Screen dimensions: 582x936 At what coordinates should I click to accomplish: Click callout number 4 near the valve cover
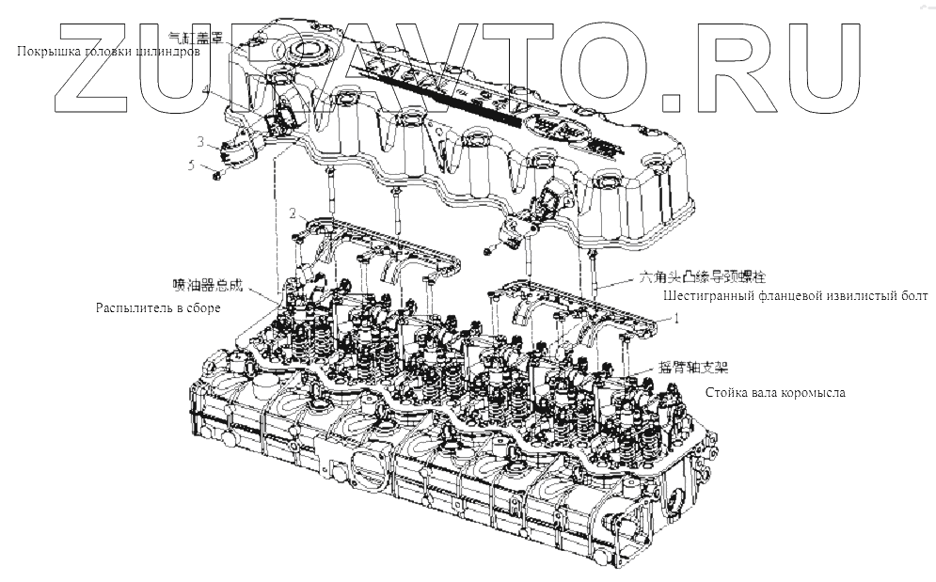pyautogui.click(x=205, y=89)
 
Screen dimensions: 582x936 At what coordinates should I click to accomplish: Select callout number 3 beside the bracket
pyautogui.click(x=199, y=142)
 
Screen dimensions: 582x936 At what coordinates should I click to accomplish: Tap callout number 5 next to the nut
pyautogui.click(x=193, y=165)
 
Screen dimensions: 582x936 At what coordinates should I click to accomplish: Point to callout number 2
pyautogui.click(x=293, y=212)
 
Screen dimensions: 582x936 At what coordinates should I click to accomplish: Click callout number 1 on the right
pyautogui.click(x=675, y=319)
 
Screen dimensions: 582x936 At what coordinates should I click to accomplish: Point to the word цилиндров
pyautogui.click(x=169, y=52)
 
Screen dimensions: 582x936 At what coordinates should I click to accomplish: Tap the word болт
pyautogui.click(x=914, y=296)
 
